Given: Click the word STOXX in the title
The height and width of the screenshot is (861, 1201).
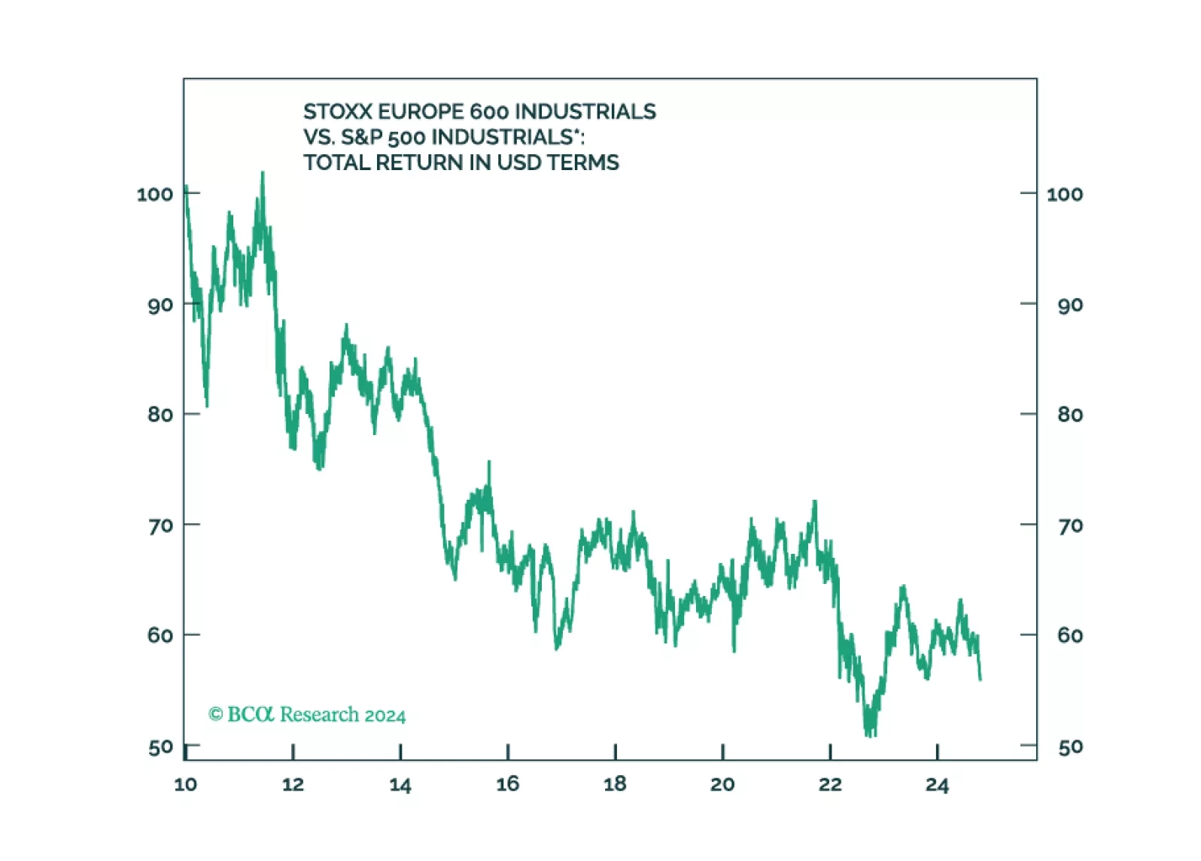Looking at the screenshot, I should [338, 111].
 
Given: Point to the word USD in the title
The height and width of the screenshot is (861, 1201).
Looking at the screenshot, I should [521, 163].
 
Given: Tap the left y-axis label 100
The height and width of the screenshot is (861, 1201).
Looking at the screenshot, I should [155, 194].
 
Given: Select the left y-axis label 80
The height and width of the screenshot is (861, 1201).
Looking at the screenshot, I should [160, 415].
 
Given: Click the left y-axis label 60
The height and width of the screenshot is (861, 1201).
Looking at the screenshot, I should [160, 635].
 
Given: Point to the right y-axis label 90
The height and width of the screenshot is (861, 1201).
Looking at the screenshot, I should [1070, 305].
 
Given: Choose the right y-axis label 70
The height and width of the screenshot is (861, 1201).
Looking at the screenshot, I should [1070, 525].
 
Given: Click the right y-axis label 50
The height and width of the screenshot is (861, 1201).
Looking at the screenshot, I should [1070, 747].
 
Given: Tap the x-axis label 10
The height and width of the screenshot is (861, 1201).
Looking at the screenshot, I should [185, 784].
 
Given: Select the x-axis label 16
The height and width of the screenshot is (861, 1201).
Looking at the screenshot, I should [508, 784].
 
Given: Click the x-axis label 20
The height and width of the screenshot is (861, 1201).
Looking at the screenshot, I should [722, 784].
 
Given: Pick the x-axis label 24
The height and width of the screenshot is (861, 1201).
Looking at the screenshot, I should [937, 784].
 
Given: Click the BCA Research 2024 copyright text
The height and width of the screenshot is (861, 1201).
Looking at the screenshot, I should [307, 714].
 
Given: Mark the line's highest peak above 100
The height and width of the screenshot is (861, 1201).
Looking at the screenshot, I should [263, 173].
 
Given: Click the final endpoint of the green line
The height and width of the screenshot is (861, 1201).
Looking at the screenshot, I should [981, 680].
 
